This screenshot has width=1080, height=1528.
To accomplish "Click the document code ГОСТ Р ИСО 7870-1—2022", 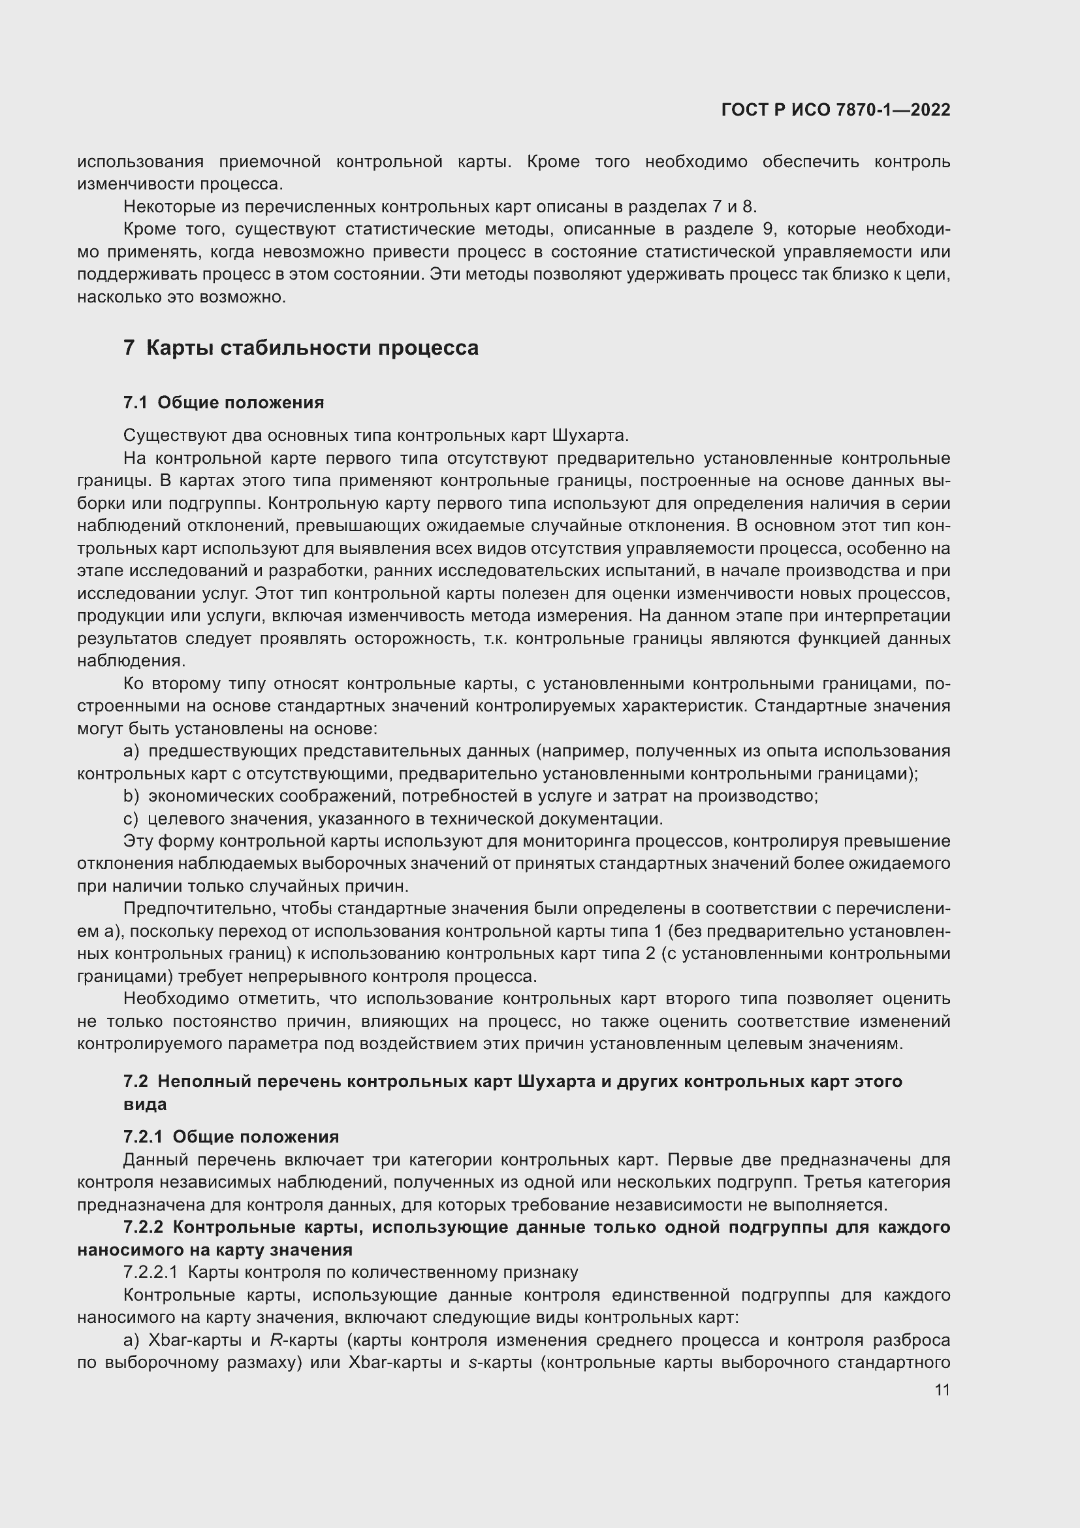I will (x=835, y=110).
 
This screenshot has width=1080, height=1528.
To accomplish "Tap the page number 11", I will (x=942, y=1390).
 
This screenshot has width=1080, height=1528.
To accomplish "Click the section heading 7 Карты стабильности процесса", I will (x=300, y=348).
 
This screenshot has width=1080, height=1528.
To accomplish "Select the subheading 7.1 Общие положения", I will (x=223, y=402).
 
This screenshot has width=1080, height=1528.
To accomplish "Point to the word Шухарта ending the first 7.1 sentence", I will (x=588, y=435).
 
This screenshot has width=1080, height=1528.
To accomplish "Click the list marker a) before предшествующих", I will (x=131, y=751).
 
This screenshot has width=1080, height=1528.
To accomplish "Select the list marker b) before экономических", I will (x=131, y=796).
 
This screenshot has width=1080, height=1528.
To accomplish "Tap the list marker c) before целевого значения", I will (x=131, y=819).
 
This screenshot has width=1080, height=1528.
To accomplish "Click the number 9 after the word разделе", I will (x=767, y=229).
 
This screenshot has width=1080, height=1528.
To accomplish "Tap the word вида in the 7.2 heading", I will (x=145, y=1104).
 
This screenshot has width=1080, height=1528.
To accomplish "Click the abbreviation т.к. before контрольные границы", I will (x=498, y=638).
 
